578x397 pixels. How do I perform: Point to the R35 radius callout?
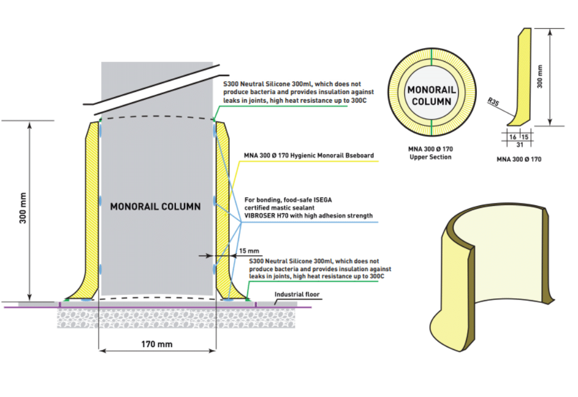493,102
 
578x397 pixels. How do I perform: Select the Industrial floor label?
297,294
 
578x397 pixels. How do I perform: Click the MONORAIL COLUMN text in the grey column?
155,206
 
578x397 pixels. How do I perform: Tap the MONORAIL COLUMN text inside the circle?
432,96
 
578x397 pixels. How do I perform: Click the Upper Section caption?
430,157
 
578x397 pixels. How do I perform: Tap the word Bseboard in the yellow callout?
357,155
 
